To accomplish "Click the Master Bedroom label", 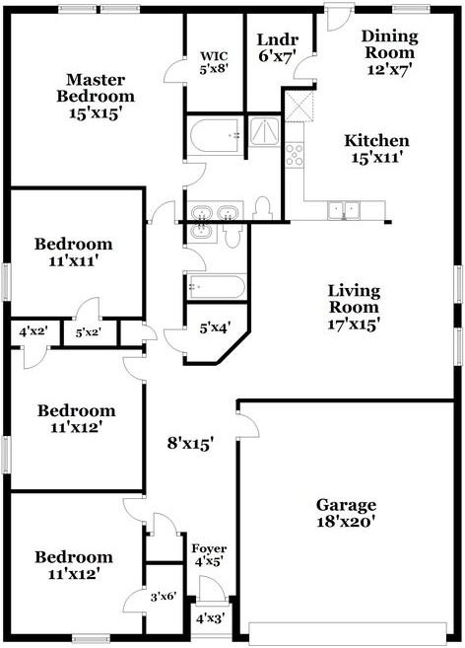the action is (96, 96).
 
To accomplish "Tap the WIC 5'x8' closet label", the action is (214, 62).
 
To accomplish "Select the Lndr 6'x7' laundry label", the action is (278, 47).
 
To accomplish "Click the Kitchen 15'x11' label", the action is (377, 149).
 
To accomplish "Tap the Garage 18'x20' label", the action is (346, 513).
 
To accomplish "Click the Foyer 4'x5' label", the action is (209, 555).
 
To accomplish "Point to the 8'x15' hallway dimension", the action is (190, 444).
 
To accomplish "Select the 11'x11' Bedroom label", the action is (74, 252).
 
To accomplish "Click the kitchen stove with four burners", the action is (295, 155).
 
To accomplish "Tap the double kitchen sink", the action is (344, 210).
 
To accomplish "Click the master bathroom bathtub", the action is (215, 135).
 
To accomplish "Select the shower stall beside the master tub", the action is (265, 131).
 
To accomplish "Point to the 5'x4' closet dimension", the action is (215, 328).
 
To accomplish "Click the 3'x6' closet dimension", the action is (164, 597).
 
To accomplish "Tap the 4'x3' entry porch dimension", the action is (210, 618).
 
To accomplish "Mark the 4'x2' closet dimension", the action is (33, 330).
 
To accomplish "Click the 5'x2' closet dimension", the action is (89, 332).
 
